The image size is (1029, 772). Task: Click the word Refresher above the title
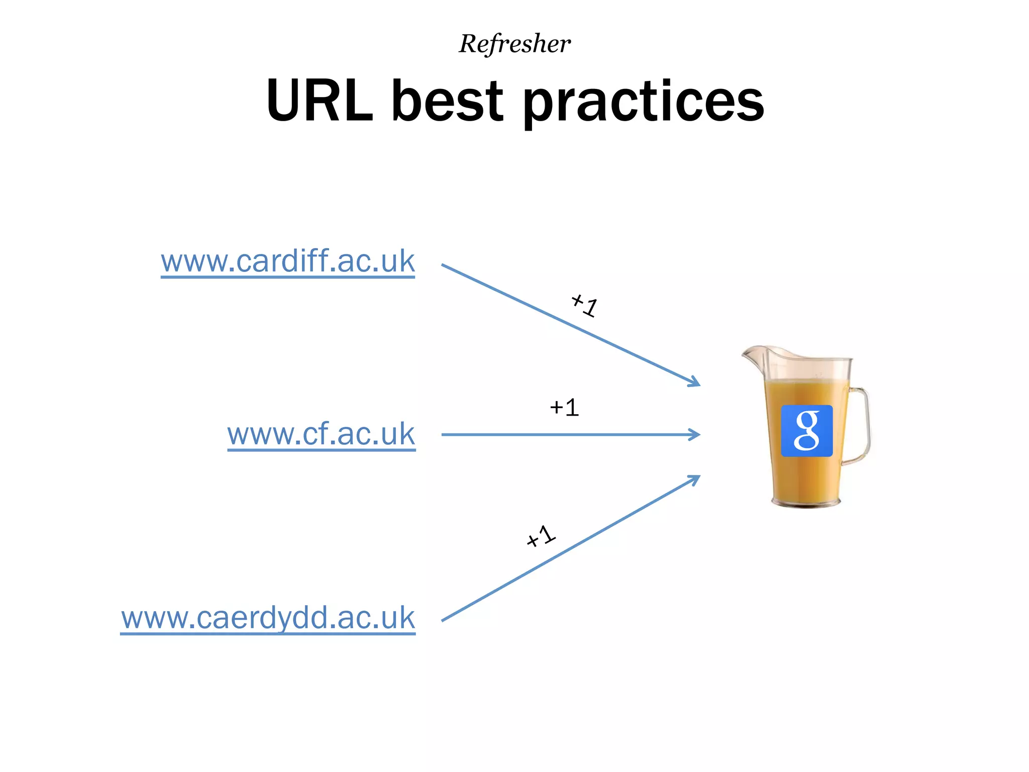[x=514, y=44]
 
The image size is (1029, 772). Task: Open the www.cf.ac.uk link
[x=321, y=434]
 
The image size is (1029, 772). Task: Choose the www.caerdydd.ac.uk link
[x=268, y=618]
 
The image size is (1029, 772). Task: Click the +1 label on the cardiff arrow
[x=584, y=305]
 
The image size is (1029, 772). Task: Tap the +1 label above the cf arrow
[x=564, y=408]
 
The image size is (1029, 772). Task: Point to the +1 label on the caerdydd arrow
[x=541, y=536]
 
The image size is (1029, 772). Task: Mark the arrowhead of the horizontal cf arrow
[x=696, y=434]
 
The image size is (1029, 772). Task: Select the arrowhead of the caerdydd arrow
[x=695, y=478]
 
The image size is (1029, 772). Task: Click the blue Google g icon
[x=806, y=431]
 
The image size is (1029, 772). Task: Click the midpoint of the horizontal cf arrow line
[x=570, y=434]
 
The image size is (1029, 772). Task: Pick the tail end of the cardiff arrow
[x=443, y=265]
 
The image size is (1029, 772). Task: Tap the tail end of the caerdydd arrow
[x=443, y=620]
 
